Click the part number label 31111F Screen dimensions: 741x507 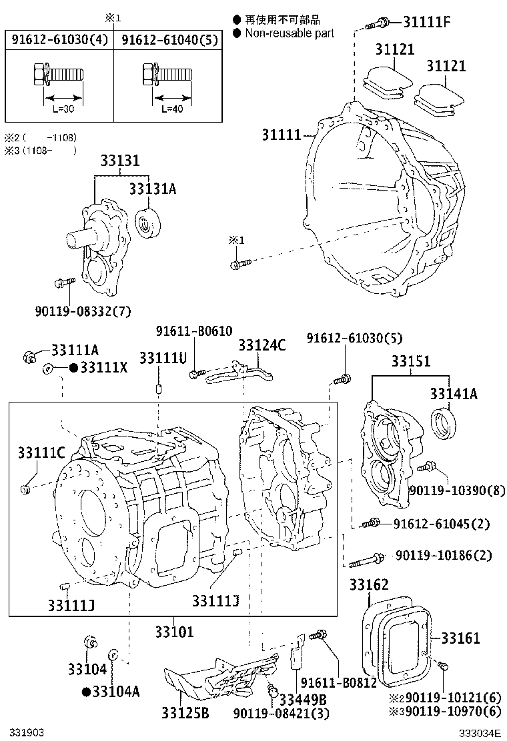(427, 22)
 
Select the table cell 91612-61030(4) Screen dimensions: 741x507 (59, 39)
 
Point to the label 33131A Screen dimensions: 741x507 (152, 189)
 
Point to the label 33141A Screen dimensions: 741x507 (453, 394)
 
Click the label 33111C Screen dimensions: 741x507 (41, 454)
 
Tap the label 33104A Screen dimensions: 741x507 (115, 691)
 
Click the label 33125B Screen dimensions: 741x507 (185, 714)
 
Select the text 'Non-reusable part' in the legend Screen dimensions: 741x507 (290, 33)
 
